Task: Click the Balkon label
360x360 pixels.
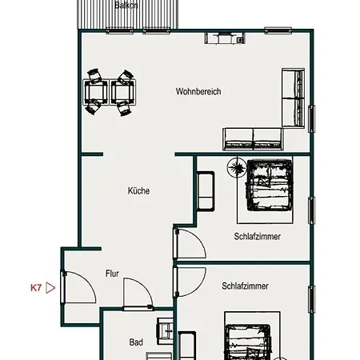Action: pos(126,6)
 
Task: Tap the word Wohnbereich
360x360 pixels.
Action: pos(198,91)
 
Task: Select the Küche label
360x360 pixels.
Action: pos(138,190)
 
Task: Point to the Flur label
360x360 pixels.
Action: pos(112,274)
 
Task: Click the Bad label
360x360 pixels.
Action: pos(136,342)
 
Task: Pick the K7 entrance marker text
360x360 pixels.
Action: pos(36,288)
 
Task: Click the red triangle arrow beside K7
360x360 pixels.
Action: pos(50,288)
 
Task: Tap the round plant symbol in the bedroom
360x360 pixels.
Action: pos(237,167)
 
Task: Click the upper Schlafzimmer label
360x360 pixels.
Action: pos(258,237)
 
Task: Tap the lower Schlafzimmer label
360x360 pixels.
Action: pos(245,286)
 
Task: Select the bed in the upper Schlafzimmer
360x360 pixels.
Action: pos(270,185)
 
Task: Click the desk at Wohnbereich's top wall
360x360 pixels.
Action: pos(225,38)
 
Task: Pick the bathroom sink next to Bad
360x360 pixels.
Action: pos(165,330)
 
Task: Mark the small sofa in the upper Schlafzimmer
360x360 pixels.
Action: pos(206,191)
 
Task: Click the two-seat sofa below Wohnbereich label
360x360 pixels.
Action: pos(253,138)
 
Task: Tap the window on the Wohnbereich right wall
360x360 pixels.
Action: pos(311,118)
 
